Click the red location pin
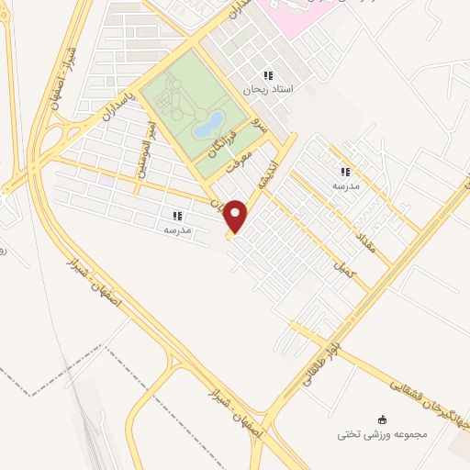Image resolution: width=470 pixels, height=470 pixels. (x=238, y=215)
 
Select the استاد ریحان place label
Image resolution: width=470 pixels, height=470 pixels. (x=266, y=90)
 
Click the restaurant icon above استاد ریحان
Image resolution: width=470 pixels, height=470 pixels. (x=267, y=75)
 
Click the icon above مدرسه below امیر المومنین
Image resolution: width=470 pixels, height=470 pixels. (x=175, y=216)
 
